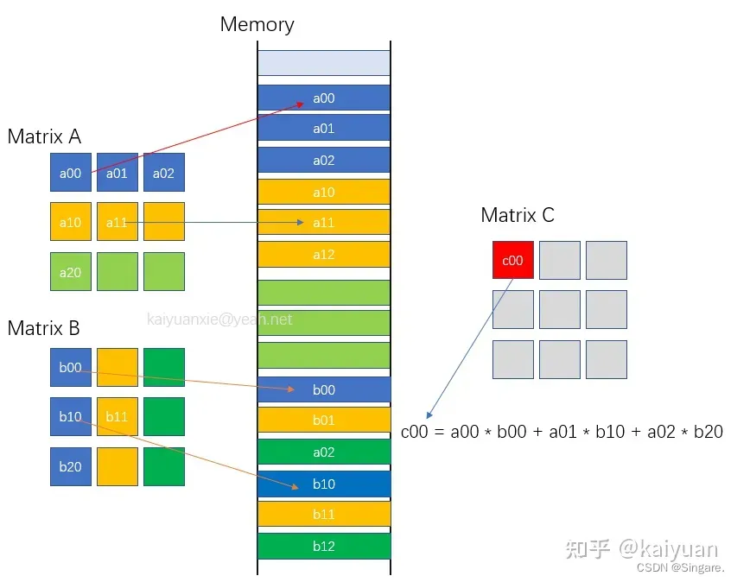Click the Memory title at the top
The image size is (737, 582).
point(257,24)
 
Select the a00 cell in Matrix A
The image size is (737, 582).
point(70,173)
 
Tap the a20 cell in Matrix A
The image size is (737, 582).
point(70,272)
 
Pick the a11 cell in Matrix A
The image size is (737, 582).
point(117,223)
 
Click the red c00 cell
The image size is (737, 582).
point(513,260)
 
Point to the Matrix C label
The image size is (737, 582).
point(517,215)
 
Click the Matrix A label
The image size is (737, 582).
point(44,136)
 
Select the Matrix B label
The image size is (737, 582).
point(43,328)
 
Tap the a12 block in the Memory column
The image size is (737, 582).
point(323,255)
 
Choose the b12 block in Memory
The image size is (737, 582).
point(323,546)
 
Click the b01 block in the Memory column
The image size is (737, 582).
point(323,421)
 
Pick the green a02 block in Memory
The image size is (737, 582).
point(323,452)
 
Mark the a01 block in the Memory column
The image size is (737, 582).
point(323,129)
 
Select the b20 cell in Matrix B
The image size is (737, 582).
point(70,467)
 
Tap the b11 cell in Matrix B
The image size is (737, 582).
point(117,417)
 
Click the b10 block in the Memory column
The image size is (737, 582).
point(323,484)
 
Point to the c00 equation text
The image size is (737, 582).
point(562,432)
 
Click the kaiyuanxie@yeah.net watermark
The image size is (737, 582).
point(219,319)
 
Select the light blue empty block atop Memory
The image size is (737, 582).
point(323,62)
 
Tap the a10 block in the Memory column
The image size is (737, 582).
point(323,192)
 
